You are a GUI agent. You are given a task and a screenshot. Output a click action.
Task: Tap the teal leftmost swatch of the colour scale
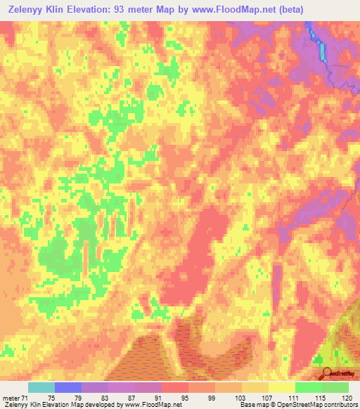click(x=41, y=387)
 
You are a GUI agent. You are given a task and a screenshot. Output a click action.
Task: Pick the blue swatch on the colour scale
click(x=68, y=387)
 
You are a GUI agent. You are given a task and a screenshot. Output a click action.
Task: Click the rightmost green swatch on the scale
click(x=335, y=387)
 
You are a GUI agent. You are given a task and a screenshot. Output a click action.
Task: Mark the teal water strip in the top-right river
click(x=323, y=51)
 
